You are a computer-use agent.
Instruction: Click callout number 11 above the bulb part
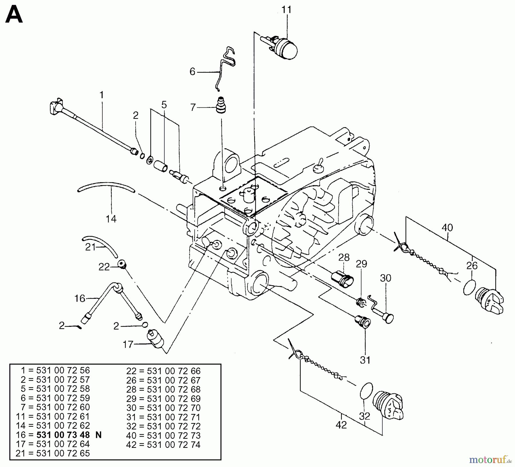point(286,10)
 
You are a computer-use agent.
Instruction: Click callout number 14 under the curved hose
point(111,219)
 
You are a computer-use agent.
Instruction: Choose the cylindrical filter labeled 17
point(156,339)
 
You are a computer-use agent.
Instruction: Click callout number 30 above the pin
point(385,278)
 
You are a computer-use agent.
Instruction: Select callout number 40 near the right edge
point(447,228)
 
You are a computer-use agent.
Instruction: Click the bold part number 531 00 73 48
point(63,435)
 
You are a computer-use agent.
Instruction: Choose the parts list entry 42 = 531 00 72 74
point(163,445)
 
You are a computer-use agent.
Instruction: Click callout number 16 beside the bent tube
point(80,298)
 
